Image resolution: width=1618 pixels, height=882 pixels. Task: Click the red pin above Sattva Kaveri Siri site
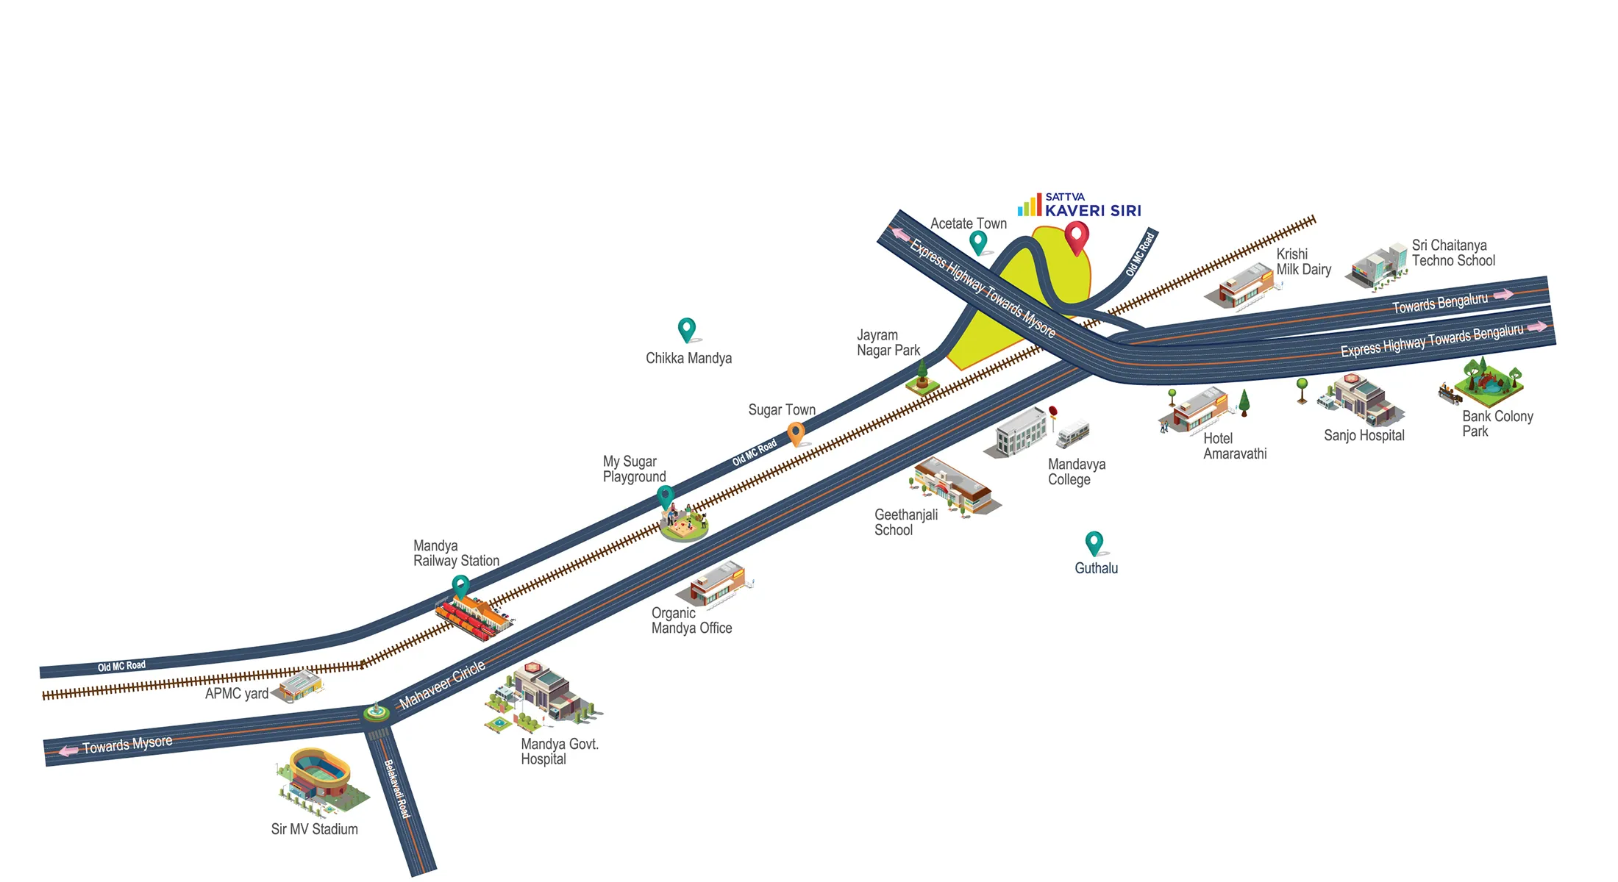click(1077, 238)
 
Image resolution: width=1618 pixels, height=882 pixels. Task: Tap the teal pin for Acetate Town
click(977, 242)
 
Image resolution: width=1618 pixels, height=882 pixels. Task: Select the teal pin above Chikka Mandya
click(686, 329)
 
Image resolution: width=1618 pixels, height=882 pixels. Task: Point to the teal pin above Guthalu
click(1094, 542)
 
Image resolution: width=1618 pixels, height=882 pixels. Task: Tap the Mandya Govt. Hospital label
click(560, 751)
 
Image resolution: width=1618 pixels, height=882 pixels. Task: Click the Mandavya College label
click(1077, 472)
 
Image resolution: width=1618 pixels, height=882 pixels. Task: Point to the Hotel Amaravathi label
click(1235, 446)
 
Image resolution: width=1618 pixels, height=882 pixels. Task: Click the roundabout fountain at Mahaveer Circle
click(377, 712)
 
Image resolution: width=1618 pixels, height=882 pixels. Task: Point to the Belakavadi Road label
click(396, 789)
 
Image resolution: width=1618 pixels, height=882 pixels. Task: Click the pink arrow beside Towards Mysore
click(68, 751)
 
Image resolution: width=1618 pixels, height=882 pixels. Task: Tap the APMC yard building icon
click(298, 686)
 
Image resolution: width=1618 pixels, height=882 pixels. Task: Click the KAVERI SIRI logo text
click(1093, 211)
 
